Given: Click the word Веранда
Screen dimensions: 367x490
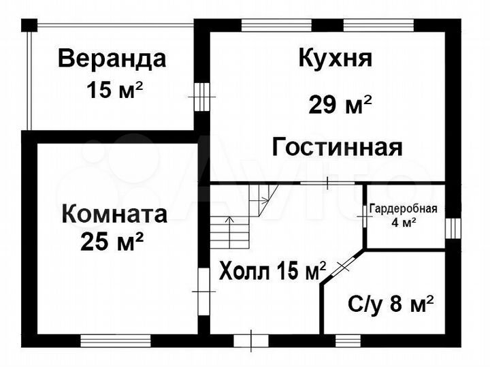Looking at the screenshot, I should (112, 59).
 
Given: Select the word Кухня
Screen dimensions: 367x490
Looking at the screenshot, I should (335, 59).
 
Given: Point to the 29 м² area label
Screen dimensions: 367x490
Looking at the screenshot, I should (340, 105).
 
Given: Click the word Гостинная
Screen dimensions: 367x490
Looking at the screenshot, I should (338, 146).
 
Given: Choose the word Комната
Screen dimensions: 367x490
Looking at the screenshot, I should (114, 214).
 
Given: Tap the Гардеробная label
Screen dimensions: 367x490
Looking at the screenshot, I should (404, 209).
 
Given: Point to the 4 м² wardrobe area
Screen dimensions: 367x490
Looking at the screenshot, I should (404, 221).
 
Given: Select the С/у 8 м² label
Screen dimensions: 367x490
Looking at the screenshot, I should (391, 304).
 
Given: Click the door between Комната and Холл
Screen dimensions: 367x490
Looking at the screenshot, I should (203, 290).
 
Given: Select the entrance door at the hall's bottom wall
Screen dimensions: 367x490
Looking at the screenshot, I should (251, 338).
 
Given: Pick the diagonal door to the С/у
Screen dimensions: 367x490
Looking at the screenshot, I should (344, 264).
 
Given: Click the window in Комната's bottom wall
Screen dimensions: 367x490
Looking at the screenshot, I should (115, 339).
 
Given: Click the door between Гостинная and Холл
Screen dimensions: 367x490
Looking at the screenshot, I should (327, 183).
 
